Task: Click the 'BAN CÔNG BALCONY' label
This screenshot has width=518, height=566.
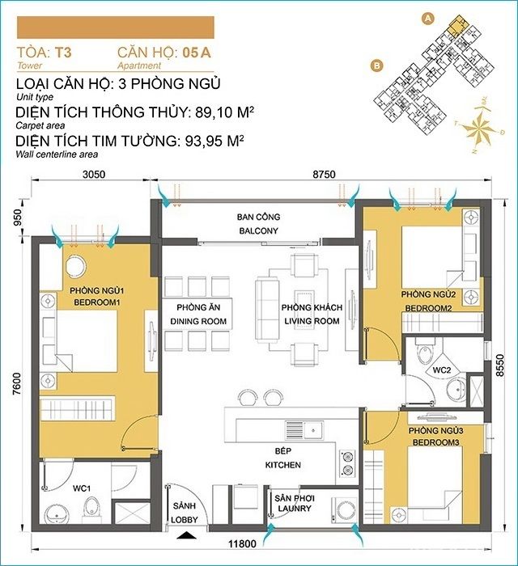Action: pos(257,224)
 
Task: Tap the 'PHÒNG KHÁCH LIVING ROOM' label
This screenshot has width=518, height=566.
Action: pos(312,315)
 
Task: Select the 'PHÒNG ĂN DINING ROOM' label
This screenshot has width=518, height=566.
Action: pos(198,315)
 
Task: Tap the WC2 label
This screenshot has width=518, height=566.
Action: pos(441,369)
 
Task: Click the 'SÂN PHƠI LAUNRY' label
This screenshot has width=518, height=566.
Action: pos(295,505)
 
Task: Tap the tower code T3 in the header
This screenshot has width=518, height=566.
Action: pos(63,53)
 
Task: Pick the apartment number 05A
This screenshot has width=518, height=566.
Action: pos(197,53)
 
